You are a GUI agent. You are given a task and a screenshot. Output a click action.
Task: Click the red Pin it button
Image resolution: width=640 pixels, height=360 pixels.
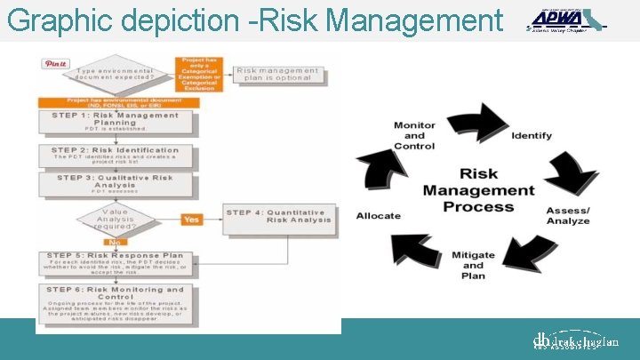click(56, 64)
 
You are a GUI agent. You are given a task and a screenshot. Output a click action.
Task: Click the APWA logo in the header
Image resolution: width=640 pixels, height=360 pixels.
click(565, 20)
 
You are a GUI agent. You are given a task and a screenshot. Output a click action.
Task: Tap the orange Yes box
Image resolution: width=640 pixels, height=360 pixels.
click(191, 219)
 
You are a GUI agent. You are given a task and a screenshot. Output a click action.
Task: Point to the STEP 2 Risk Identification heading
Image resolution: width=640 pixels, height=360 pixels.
click(116, 150)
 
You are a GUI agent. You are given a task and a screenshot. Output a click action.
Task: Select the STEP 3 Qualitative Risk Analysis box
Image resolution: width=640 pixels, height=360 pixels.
click(116, 182)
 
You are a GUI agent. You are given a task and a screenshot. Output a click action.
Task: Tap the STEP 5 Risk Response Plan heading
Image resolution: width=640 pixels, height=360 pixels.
click(116, 256)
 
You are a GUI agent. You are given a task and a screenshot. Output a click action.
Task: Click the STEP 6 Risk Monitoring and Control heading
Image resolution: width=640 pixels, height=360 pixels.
click(116, 292)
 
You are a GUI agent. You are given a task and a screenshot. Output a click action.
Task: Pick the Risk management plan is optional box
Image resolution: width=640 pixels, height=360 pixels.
click(276, 74)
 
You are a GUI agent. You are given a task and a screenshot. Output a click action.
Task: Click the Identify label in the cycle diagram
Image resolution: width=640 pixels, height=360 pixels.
click(532, 136)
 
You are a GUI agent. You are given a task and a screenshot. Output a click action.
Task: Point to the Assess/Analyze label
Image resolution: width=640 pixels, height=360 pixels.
click(568, 215)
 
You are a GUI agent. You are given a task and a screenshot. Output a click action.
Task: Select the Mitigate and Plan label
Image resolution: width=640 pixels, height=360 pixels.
click(473, 265)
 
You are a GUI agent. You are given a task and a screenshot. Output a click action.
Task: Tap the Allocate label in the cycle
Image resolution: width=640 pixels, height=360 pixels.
click(379, 216)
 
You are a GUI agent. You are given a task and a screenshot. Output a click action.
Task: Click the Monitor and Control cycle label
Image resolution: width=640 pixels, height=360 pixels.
click(414, 136)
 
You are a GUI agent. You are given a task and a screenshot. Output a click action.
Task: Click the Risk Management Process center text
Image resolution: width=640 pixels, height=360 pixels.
click(478, 190)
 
